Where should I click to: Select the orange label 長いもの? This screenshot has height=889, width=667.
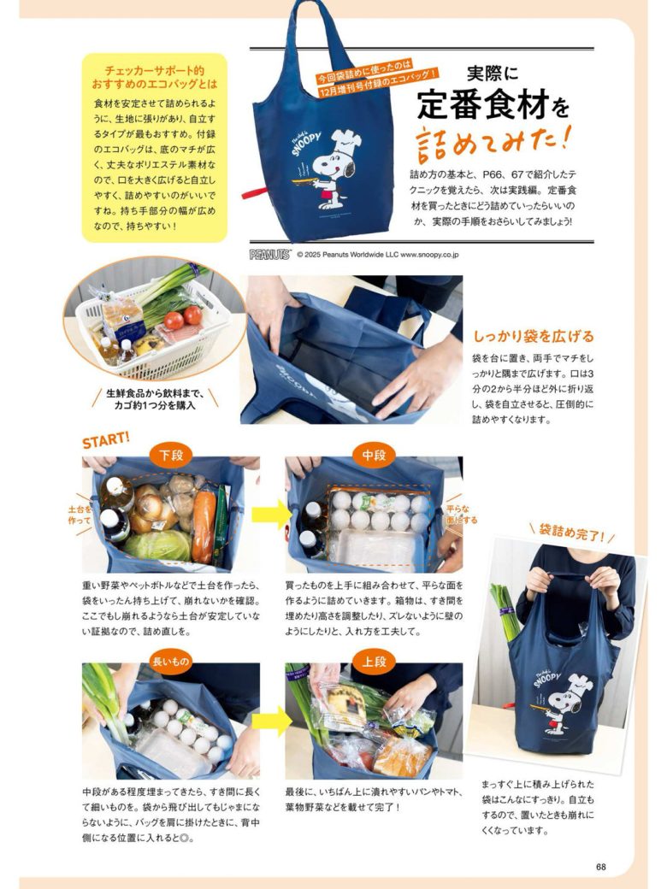point(171,662)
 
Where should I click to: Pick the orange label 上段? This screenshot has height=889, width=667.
point(374,662)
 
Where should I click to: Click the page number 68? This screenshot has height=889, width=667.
point(600,867)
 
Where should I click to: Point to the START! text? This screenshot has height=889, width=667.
point(106,439)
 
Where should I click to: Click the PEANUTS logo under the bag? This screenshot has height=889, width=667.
point(270,254)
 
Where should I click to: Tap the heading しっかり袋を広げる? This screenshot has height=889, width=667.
point(533,336)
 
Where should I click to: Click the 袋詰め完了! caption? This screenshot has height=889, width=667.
point(572,536)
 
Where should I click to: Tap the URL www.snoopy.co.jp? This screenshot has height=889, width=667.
point(430,254)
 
